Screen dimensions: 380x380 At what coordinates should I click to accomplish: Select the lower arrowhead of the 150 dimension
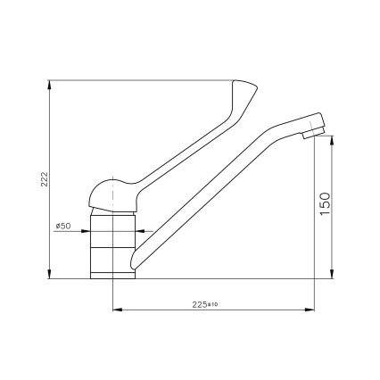click(331, 274)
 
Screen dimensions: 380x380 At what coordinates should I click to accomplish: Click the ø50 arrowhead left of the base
click(87, 234)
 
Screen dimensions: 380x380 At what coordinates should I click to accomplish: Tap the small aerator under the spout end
click(309, 137)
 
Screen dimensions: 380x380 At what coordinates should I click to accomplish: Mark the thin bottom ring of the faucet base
click(112, 275)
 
